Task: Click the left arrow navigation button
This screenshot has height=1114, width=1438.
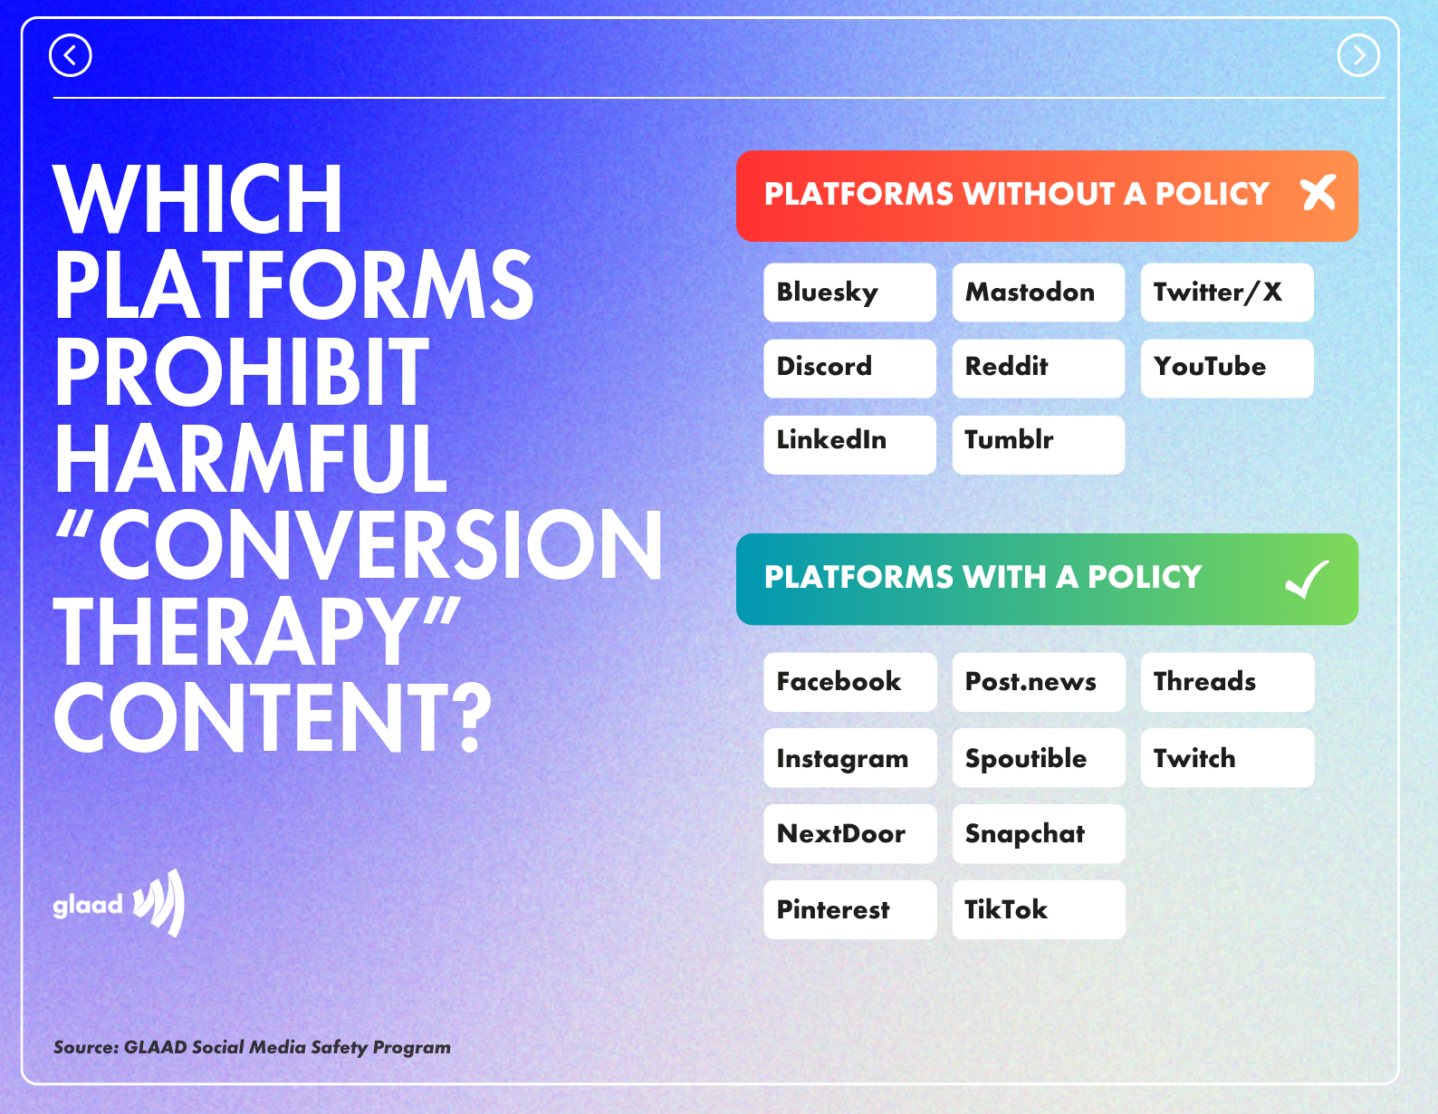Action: pyautogui.click(x=70, y=55)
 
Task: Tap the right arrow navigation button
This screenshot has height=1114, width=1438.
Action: pyautogui.click(x=1358, y=55)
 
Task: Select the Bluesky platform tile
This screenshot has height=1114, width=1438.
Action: pyautogui.click(x=849, y=293)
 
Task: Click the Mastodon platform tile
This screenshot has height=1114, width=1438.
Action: pyautogui.click(x=1039, y=293)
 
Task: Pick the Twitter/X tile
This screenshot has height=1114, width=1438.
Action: pyautogui.click(x=1227, y=293)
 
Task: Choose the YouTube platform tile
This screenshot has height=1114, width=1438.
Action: pyautogui.click(x=1227, y=369)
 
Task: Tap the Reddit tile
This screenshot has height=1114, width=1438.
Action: pyautogui.click(x=1039, y=369)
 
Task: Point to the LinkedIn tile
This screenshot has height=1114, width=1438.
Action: pyautogui.click(x=849, y=445)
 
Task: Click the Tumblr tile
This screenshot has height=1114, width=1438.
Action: pyautogui.click(x=1039, y=445)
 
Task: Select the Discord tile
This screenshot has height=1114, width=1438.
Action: pyautogui.click(x=849, y=369)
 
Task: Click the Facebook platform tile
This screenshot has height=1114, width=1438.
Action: pyautogui.click(x=849, y=682)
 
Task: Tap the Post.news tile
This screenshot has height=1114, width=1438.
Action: pyautogui.click(x=1039, y=682)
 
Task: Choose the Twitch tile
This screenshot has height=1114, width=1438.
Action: pyautogui.click(x=1228, y=758)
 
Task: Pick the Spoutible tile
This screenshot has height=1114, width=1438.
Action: pyautogui.click(x=1039, y=758)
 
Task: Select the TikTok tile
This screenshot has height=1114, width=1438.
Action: pyautogui.click(x=1039, y=909)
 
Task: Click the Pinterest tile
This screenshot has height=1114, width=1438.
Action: pyautogui.click(x=849, y=909)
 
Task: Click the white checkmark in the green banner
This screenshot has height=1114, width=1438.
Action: pyautogui.click(x=1307, y=579)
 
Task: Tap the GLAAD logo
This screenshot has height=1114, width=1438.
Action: pyautogui.click(x=119, y=903)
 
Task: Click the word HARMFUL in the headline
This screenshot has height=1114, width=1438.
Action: pyautogui.click(x=250, y=458)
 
